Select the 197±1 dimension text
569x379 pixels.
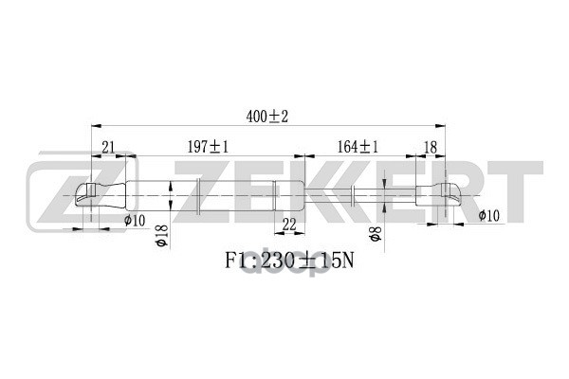tap(208, 146)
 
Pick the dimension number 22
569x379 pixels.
tap(289, 224)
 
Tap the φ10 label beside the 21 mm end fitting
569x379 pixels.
tap(135, 221)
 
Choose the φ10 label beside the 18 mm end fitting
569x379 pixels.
tap(488, 216)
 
